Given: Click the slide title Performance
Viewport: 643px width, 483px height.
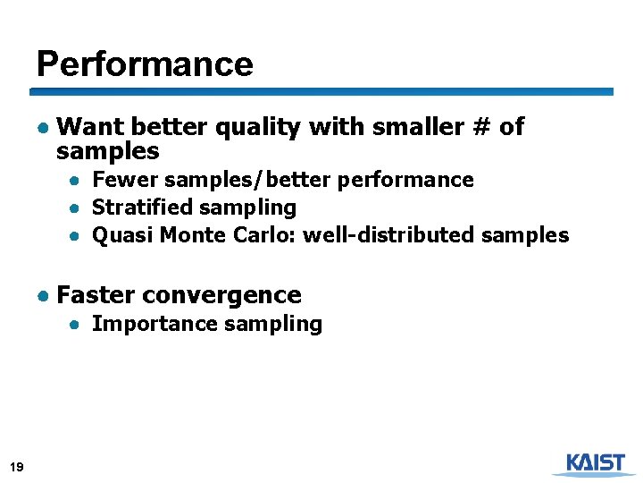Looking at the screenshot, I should click(145, 64).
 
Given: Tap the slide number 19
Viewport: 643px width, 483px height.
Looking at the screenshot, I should click(16, 466).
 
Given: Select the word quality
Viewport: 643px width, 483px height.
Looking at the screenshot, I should click(257, 128).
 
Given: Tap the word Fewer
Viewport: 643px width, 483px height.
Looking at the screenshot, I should click(120, 180).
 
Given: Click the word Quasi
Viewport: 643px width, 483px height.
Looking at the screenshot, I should click(119, 235).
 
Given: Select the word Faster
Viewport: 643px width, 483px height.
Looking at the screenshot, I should click(95, 295).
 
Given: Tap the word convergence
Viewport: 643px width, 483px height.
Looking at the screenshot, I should click(221, 295).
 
